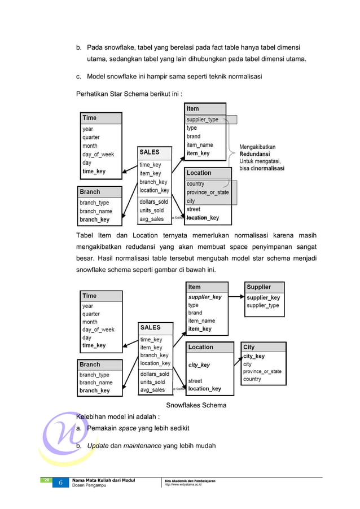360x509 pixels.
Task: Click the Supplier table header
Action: pos(259,287)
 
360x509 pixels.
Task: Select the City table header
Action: pos(249,347)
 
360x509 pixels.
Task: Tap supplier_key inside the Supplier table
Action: pos(264,297)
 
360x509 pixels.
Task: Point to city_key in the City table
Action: pos(254,356)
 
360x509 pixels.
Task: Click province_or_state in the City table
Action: pos(262,371)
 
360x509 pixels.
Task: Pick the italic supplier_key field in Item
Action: pos(205,297)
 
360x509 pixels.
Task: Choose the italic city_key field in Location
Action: pos(199,365)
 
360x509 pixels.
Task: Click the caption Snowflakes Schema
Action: pos(196,405)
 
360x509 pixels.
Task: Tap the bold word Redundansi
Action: pos(254,153)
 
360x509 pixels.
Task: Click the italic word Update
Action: pos(98,446)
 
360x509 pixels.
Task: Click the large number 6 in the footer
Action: pos(60,483)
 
